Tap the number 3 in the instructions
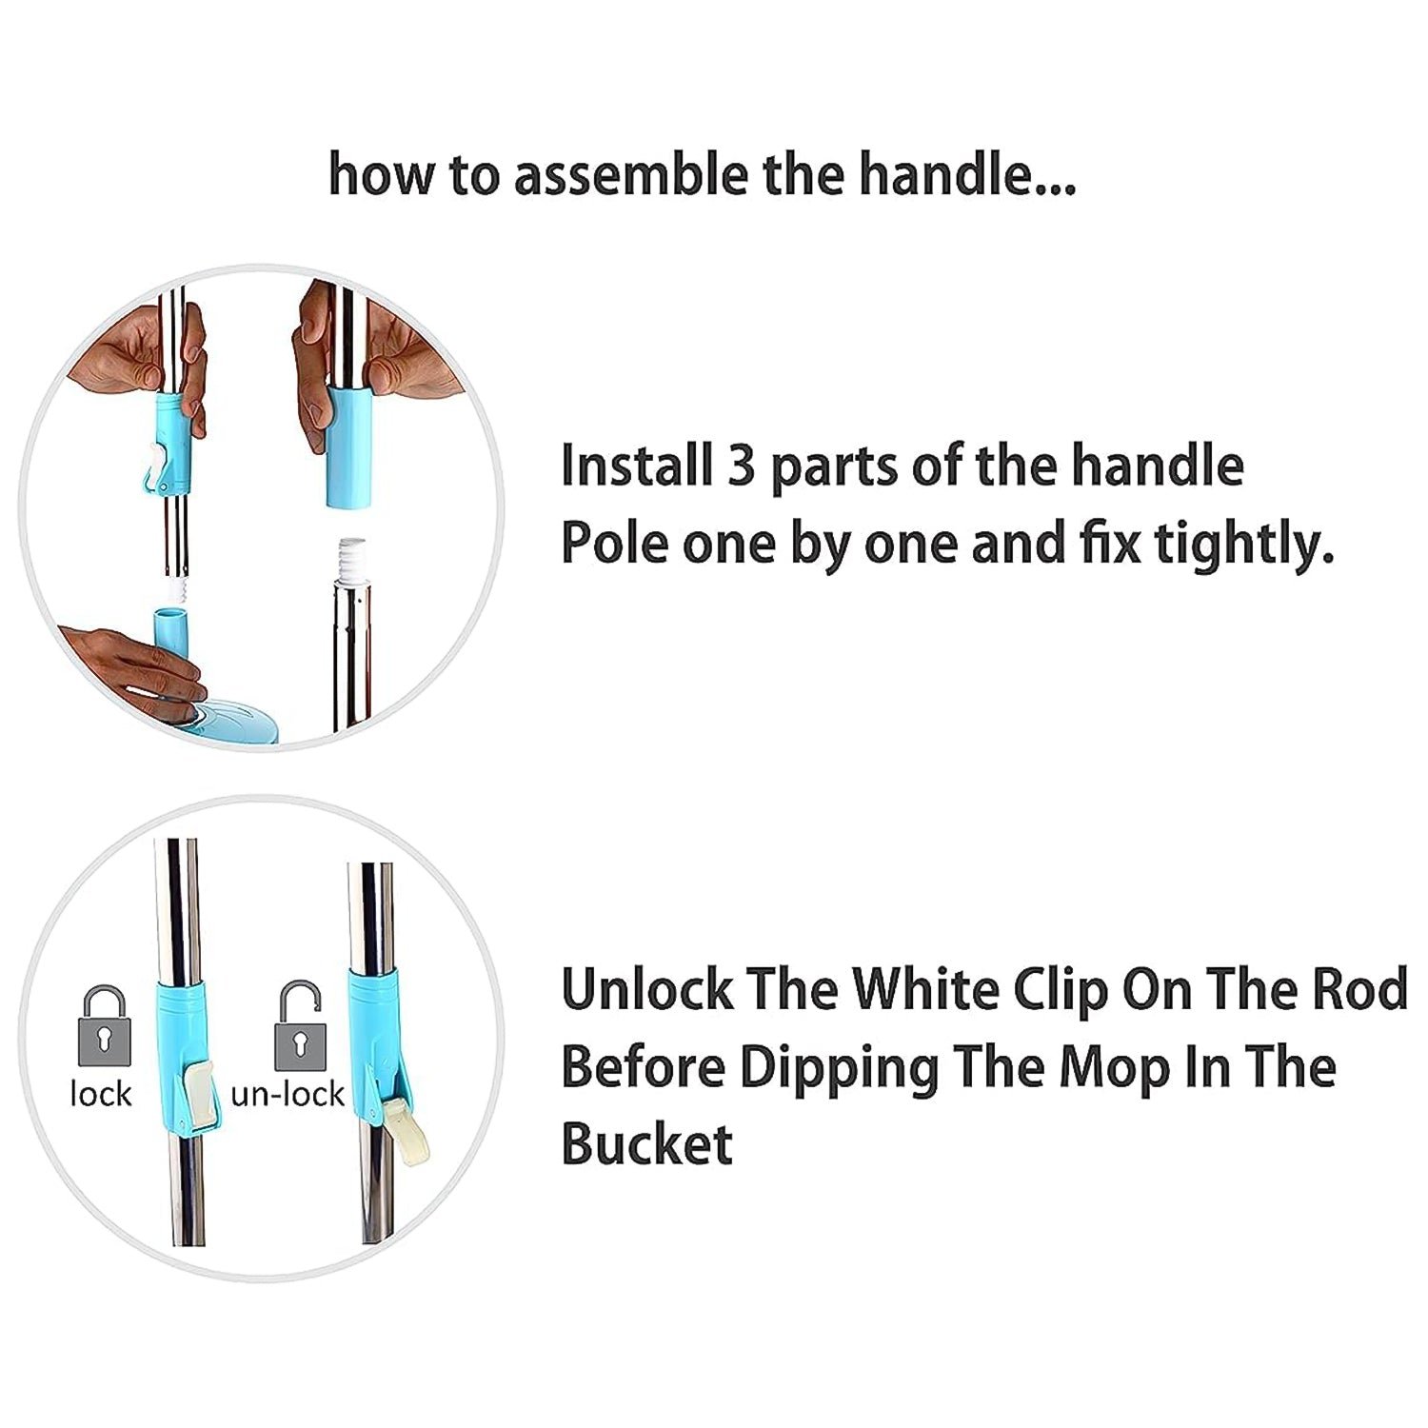(741, 466)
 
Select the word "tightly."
(1244, 545)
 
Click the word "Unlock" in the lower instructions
(646, 989)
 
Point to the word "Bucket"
(646, 1143)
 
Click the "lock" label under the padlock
(100, 1094)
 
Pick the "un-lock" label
(287, 1094)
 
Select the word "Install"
(636, 466)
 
